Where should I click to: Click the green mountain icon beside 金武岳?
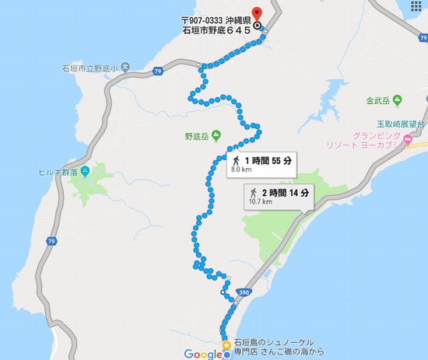point(398,100)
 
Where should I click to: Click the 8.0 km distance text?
point(242,170)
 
